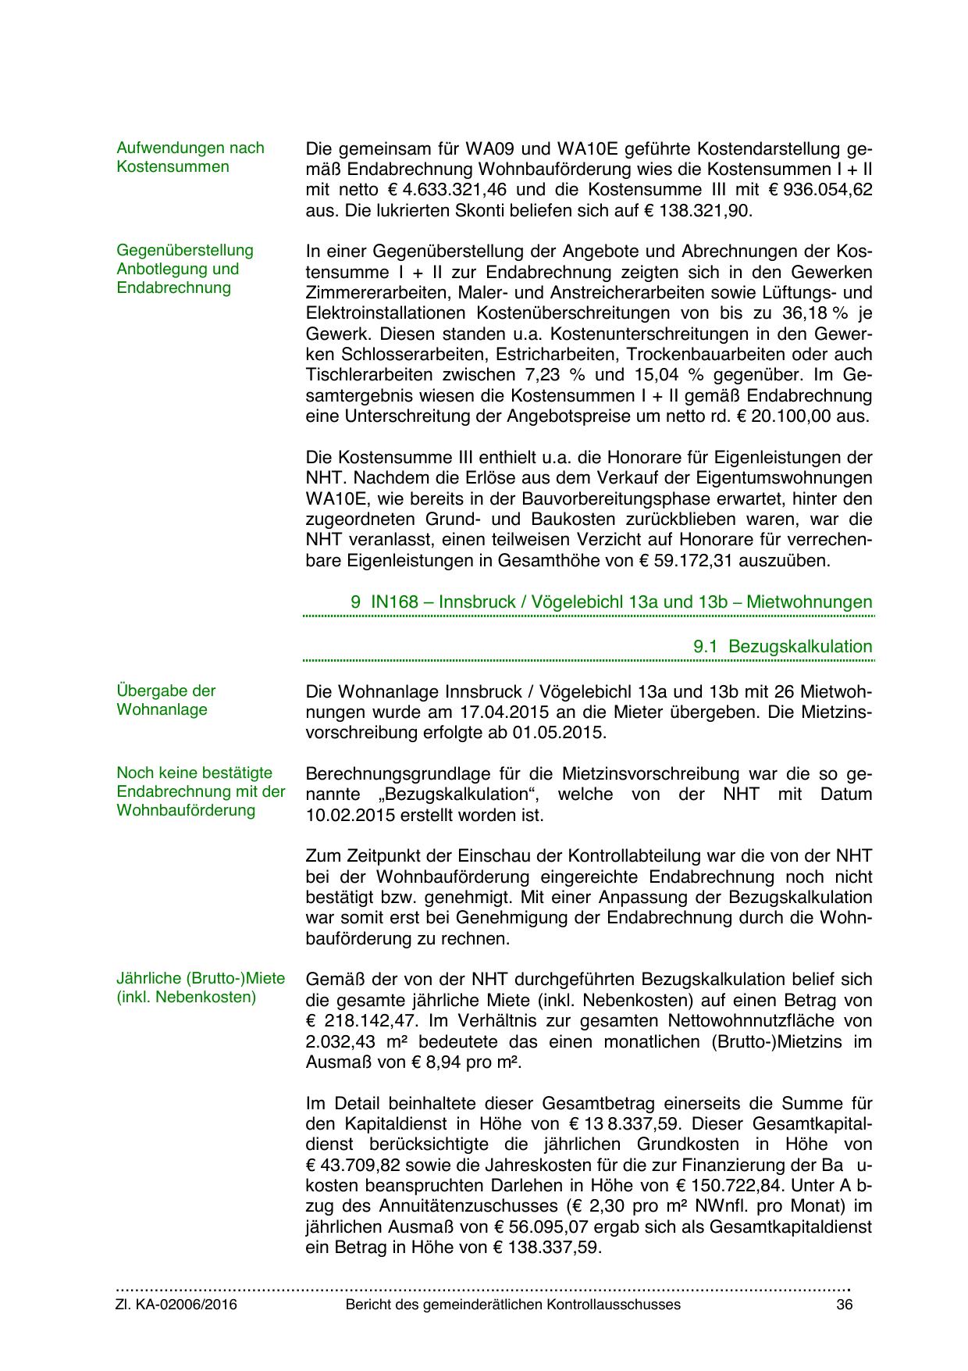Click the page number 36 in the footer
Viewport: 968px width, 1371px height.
[843, 1305]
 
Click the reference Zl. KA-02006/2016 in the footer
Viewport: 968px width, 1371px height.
[177, 1305]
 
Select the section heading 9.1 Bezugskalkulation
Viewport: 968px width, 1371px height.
[782, 647]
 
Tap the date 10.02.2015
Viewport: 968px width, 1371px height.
[354, 816]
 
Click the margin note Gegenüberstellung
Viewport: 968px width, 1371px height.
[185, 251]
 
